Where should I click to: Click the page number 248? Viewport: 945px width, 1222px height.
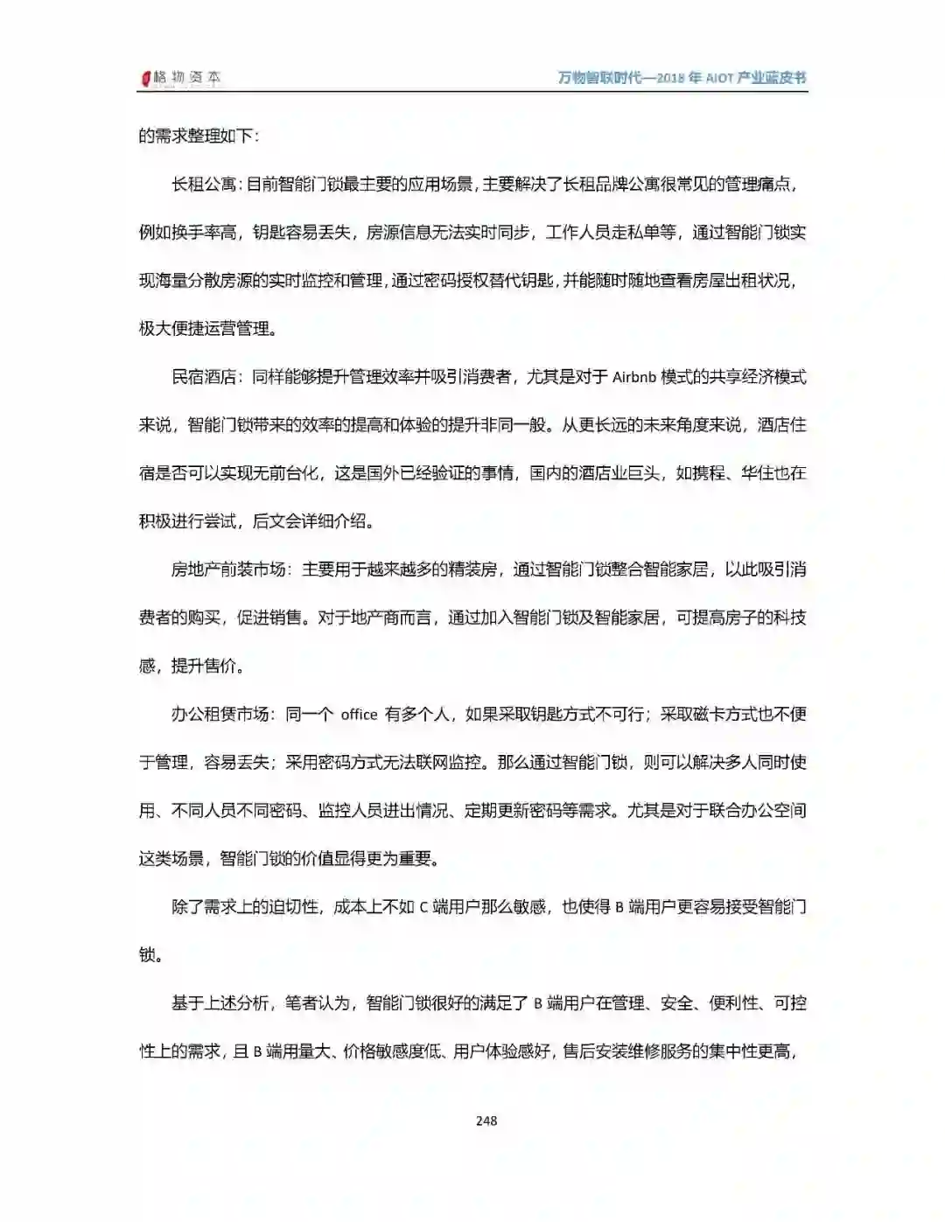(x=486, y=1121)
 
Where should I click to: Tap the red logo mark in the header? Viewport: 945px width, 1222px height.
(x=146, y=79)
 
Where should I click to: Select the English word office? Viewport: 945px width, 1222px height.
(x=359, y=715)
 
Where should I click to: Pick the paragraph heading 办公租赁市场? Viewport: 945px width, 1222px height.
(x=220, y=715)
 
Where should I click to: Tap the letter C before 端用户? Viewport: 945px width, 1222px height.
(x=423, y=907)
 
